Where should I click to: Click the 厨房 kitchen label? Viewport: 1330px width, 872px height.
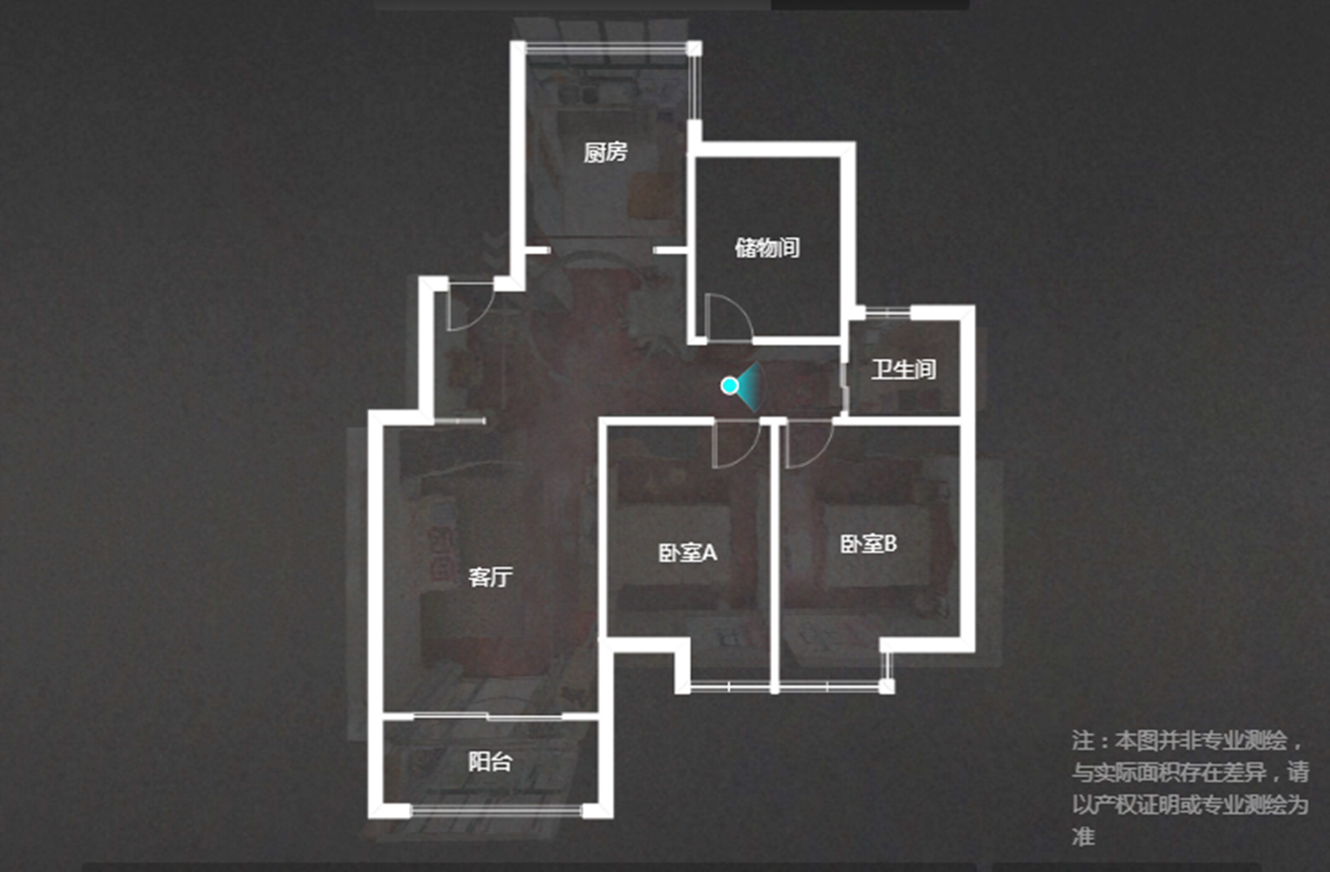click(x=605, y=153)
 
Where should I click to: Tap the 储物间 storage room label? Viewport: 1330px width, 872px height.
click(x=767, y=248)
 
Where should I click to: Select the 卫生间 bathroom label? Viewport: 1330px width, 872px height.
click(x=904, y=369)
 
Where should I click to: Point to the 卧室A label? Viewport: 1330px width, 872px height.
click(x=688, y=553)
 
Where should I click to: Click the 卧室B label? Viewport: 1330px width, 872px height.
click(x=869, y=544)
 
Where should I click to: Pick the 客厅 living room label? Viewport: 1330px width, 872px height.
click(x=490, y=577)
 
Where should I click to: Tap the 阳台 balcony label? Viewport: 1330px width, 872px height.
click(x=490, y=761)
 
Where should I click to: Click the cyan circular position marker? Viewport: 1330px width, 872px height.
click(x=730, y=385)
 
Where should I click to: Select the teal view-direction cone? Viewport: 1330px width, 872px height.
click(x=749, y=386)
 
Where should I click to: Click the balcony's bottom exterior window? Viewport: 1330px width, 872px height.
click(x=496, y=810)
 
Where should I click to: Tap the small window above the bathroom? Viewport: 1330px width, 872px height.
click(x=888, y=311)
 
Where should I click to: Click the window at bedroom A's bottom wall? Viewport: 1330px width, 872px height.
click(x=730, y=687)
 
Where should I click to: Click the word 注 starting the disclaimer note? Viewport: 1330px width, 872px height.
click(x=1082, y=740)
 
